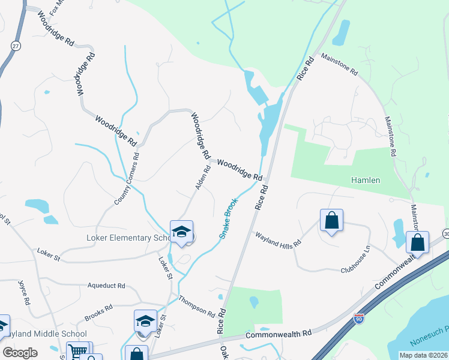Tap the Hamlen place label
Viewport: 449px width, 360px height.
[x=366, y=180]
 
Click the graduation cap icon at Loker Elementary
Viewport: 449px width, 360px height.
[x=182, y=232]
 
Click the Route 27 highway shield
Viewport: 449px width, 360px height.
[x=16, y=46]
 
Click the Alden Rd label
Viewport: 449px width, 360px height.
[x=203, y=178]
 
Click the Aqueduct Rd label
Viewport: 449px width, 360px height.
[x=106, y=286]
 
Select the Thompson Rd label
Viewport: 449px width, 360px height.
[x=196, y=306]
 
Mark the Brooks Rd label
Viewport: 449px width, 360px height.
[x=98, y=313]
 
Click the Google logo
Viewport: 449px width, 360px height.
[x=20, y=353]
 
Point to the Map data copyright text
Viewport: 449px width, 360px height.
[x=423, y=355]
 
